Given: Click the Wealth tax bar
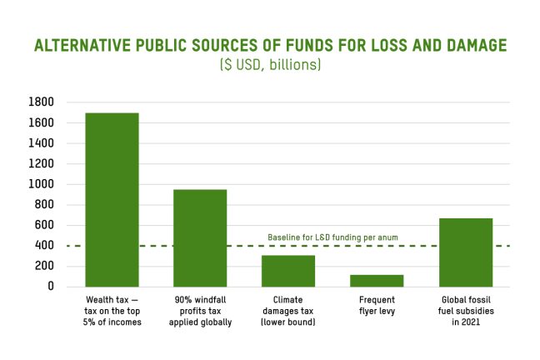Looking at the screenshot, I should coord(112,200).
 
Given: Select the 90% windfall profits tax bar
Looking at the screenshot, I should coord(200,238).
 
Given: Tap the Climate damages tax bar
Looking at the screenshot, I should coord(288,271).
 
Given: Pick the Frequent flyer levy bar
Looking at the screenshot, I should coord(377,281).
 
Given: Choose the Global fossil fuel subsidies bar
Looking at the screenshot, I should coord(466,252).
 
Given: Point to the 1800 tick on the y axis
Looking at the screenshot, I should coord(42,102).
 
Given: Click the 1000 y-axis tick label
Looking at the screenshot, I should coord(42,184).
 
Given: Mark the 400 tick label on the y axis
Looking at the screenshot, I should coord(44,246).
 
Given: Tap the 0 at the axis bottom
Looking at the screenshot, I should coord(51,287).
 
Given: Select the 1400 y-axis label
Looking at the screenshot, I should coord(42,143).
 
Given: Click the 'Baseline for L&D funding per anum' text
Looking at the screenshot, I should coord(332,237).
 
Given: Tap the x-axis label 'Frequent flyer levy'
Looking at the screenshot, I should coord(377,305).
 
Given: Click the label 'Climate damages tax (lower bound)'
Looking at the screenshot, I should coord(288,311).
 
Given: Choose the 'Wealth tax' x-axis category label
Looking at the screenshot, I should coord(112,311).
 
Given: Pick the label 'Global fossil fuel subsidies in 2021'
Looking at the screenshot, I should coord(466,311).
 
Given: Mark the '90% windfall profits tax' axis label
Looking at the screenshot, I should coord(200,311).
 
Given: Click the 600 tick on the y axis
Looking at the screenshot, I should coord(44,225).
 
